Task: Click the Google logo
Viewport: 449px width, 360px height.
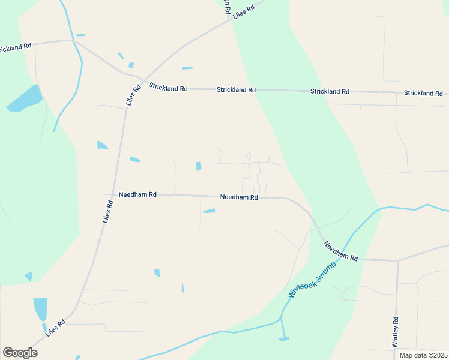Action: (20, 353)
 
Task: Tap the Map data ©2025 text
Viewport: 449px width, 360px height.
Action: (423, 355)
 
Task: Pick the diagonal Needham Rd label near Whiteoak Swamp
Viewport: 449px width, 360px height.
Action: (340, 251)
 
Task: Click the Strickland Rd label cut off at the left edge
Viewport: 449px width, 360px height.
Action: (15, 47)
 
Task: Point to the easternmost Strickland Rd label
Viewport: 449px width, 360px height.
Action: (423, 93)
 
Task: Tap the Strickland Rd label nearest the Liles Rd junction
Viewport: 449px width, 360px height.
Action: (168, 88)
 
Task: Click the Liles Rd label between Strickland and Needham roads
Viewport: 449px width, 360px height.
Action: (133, 96)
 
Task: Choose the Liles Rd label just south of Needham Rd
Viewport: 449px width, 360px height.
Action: (108, 212)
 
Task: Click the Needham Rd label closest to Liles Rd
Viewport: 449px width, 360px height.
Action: (137, 195)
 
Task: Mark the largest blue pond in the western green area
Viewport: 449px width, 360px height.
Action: (25, 98)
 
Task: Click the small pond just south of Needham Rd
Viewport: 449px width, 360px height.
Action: (209, 211)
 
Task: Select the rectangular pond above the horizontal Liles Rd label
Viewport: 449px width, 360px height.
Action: (40, 309)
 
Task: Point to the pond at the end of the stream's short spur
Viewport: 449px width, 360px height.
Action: (284, 339)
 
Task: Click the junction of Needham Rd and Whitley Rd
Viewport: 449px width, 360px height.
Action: (397, 260)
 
